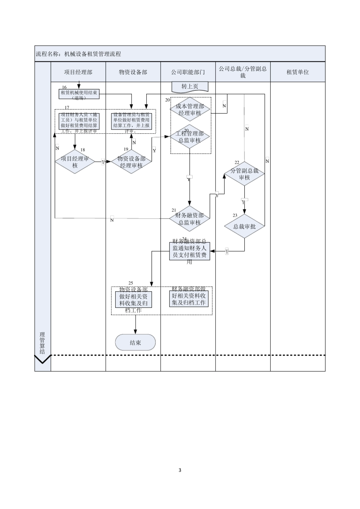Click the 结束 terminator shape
coord(135,342)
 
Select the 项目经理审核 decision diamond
coord(75,162)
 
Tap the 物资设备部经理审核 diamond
coord(131,162)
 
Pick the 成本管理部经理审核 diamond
coord(190,109)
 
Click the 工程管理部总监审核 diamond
coord(190,137)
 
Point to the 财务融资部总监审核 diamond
coord(190,219)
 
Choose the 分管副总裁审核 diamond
coord(244,174)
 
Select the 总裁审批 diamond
coord(244,226)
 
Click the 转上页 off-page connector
coord(190,87)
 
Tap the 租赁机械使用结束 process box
coord(79,94)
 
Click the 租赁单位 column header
coord(297,72)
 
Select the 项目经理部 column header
coord(78,72)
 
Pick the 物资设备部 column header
coord(133,72)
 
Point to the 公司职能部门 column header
coord(188,72)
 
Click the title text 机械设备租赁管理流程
coord(92,54)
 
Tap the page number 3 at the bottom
coord(180,470)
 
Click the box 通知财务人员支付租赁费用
coord(189,251)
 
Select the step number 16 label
coord(64,87)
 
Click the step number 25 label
coord(131,283)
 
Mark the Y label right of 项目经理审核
coord(103,162)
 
